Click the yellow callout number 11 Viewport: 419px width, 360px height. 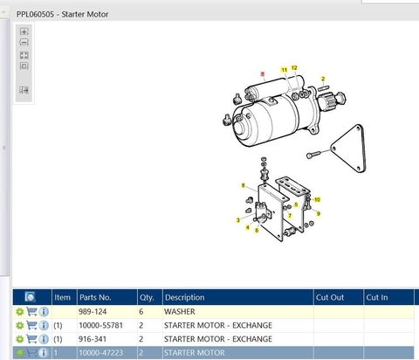(285, 70)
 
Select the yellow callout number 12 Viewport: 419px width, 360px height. (294, 68)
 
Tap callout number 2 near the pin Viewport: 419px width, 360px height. (323, 79)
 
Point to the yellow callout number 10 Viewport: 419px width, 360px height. (317, 200)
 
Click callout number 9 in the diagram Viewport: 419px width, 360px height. (319, 213)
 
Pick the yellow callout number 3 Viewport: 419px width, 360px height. (238, 220)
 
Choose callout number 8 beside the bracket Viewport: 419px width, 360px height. (243, 185)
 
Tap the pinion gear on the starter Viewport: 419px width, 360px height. (331, 100)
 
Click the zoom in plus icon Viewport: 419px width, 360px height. (24, 31)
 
